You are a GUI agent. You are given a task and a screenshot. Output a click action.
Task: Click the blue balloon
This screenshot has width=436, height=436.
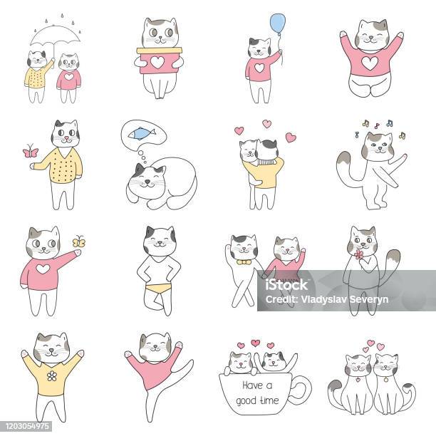(x=278, y=24)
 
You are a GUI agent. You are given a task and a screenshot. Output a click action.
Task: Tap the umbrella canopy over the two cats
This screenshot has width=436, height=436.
(x=55, y=36)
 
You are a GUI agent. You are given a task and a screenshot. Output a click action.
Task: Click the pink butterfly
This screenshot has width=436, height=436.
(x=31, y=151)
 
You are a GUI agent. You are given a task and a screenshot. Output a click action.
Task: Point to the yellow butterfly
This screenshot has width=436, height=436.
(x=78, y=242)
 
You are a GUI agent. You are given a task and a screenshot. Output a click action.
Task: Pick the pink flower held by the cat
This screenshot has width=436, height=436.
(x=359, y=254)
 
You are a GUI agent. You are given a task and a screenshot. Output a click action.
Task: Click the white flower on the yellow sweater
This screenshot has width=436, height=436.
(x=52, y=375)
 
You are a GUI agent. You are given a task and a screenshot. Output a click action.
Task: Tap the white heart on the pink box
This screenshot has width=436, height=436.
(x=157, y=62)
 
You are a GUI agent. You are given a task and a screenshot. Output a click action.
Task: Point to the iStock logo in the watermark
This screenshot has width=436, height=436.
(x=286, y=285)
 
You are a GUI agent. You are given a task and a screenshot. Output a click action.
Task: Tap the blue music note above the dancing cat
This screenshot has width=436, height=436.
(x=390, y=123)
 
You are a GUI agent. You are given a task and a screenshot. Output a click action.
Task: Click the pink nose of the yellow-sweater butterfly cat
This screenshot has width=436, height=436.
(x=66, y=137)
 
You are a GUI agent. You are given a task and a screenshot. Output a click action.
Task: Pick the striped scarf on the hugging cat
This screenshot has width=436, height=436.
(x=265, y=162)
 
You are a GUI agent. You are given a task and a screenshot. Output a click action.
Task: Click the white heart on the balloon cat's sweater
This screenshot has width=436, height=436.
(x=259, y=68)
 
